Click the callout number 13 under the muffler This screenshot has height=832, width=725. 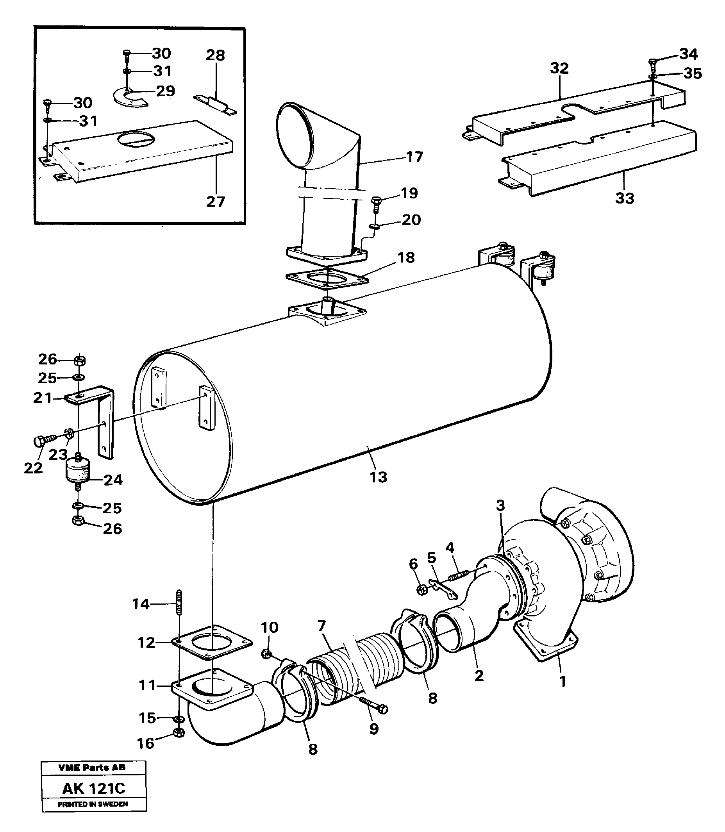[378, 477]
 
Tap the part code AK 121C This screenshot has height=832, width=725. [93, 788]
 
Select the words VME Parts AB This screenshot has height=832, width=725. [92, 768]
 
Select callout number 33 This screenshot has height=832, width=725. [625, 198]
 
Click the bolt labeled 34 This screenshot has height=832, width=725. [653, 63]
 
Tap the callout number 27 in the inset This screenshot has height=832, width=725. [215, 201]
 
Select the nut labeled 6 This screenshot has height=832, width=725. [421, 589]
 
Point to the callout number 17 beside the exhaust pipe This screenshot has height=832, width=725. [414, 157]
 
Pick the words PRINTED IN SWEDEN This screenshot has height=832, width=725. [93, 804]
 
